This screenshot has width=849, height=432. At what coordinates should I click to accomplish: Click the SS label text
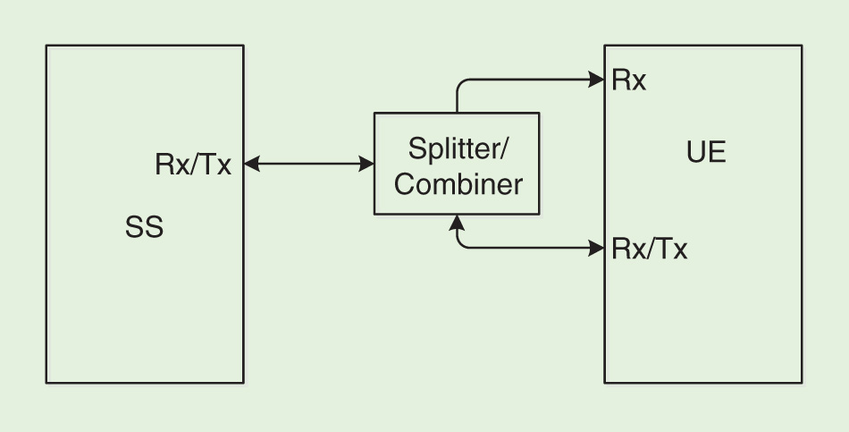pos(144,228)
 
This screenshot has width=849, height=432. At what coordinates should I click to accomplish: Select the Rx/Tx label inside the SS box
pos(193,165)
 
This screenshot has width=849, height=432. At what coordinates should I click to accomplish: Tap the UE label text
pos(706,153)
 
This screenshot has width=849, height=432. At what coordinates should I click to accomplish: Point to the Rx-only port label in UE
pos(629,80)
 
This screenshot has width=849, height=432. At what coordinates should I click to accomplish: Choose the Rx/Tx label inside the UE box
pos(650,249)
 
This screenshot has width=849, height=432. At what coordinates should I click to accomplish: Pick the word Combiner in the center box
pos(458,184)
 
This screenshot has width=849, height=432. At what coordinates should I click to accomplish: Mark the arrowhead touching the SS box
pos(251,164)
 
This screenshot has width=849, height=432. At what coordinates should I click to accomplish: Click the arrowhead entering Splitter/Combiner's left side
pos(366,164)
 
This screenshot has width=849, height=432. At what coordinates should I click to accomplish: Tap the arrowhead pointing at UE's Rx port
pos(597,79)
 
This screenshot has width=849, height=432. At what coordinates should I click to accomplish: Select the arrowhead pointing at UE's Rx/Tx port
pos(597,248)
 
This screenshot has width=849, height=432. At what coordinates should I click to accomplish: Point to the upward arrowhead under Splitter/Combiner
pos(458,222)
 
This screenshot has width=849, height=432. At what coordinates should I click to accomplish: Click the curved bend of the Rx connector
pos(462,84)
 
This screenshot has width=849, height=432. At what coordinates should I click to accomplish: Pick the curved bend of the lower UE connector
pos(462,242)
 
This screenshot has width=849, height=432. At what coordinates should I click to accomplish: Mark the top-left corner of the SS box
pos(46,46)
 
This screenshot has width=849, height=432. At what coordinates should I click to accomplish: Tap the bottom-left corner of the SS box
pos(46,383)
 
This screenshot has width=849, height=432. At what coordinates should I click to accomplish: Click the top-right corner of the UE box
pos(802,46)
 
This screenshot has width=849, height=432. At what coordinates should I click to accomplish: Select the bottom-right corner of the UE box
pos(802,383)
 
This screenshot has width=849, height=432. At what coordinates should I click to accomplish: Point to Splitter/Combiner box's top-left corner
pos(374,114)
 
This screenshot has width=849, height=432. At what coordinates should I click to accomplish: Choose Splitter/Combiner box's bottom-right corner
pos(540,215)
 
